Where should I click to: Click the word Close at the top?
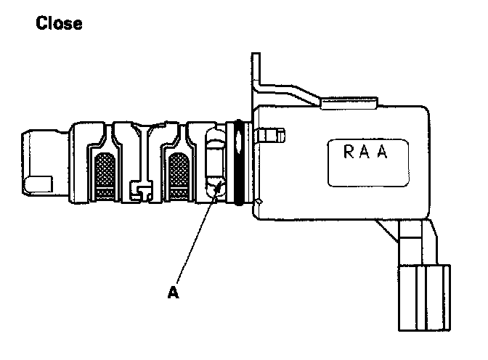[59, 24]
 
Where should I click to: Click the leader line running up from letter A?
[194, 239]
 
